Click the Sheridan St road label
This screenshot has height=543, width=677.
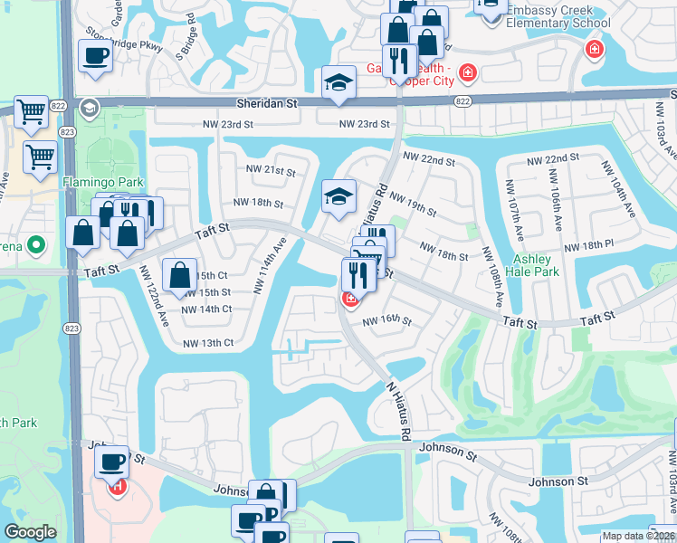click(x=266, y=104)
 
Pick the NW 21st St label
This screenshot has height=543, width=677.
click(x=271, y=170)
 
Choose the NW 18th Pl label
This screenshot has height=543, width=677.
click(x=588, y=246)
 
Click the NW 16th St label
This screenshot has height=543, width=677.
click(x=387, y=321)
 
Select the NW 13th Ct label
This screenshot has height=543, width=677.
click(x=208, y=343)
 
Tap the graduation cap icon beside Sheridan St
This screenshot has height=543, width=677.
click(x=338, y=83)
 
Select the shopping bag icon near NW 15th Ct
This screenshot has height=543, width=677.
click(x=180, y=274)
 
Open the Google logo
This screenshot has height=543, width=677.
click(x=30, y=532)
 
